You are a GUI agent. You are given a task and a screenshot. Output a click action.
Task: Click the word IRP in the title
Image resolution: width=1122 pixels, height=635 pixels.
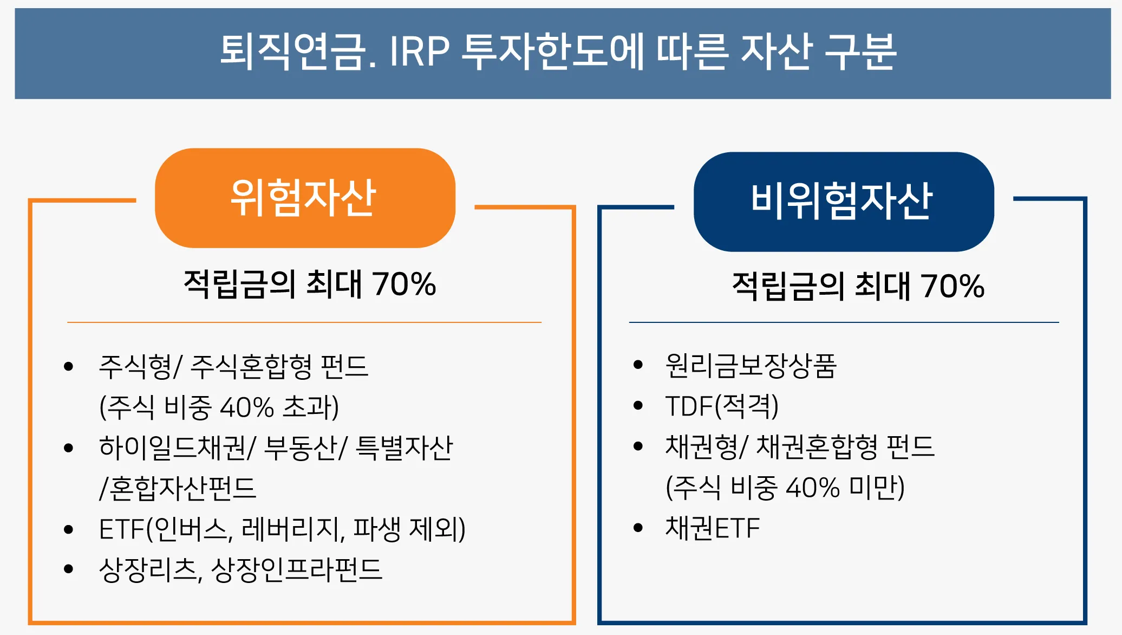pos(419,52)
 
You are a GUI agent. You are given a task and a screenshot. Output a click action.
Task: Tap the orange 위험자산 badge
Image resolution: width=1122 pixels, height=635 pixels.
pos(304,198)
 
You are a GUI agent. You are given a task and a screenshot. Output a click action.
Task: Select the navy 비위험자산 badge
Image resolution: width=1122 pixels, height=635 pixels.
pos(843,202)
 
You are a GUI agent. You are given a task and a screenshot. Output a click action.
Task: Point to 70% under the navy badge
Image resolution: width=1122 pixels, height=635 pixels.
pos(953,286)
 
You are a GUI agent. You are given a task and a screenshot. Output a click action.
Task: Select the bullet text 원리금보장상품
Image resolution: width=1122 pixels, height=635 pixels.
pos(751,366)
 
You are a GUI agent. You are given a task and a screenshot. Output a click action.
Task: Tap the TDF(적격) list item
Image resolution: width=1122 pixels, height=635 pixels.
pos(721,406)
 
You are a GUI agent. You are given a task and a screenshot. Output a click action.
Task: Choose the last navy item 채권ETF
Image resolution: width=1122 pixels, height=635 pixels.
pos(712,528)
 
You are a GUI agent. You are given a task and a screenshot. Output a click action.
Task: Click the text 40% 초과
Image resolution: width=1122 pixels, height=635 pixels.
pos(279,407)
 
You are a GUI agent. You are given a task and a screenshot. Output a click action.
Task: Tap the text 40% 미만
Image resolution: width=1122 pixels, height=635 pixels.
pos(845,488)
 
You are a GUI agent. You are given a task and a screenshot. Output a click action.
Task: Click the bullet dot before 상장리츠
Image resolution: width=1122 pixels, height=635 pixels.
pos(68,569)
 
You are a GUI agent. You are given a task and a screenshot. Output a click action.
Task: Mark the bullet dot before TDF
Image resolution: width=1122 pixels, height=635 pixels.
pos(638,406)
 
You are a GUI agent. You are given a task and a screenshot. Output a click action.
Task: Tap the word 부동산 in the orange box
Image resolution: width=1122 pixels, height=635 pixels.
pos(301,448)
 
